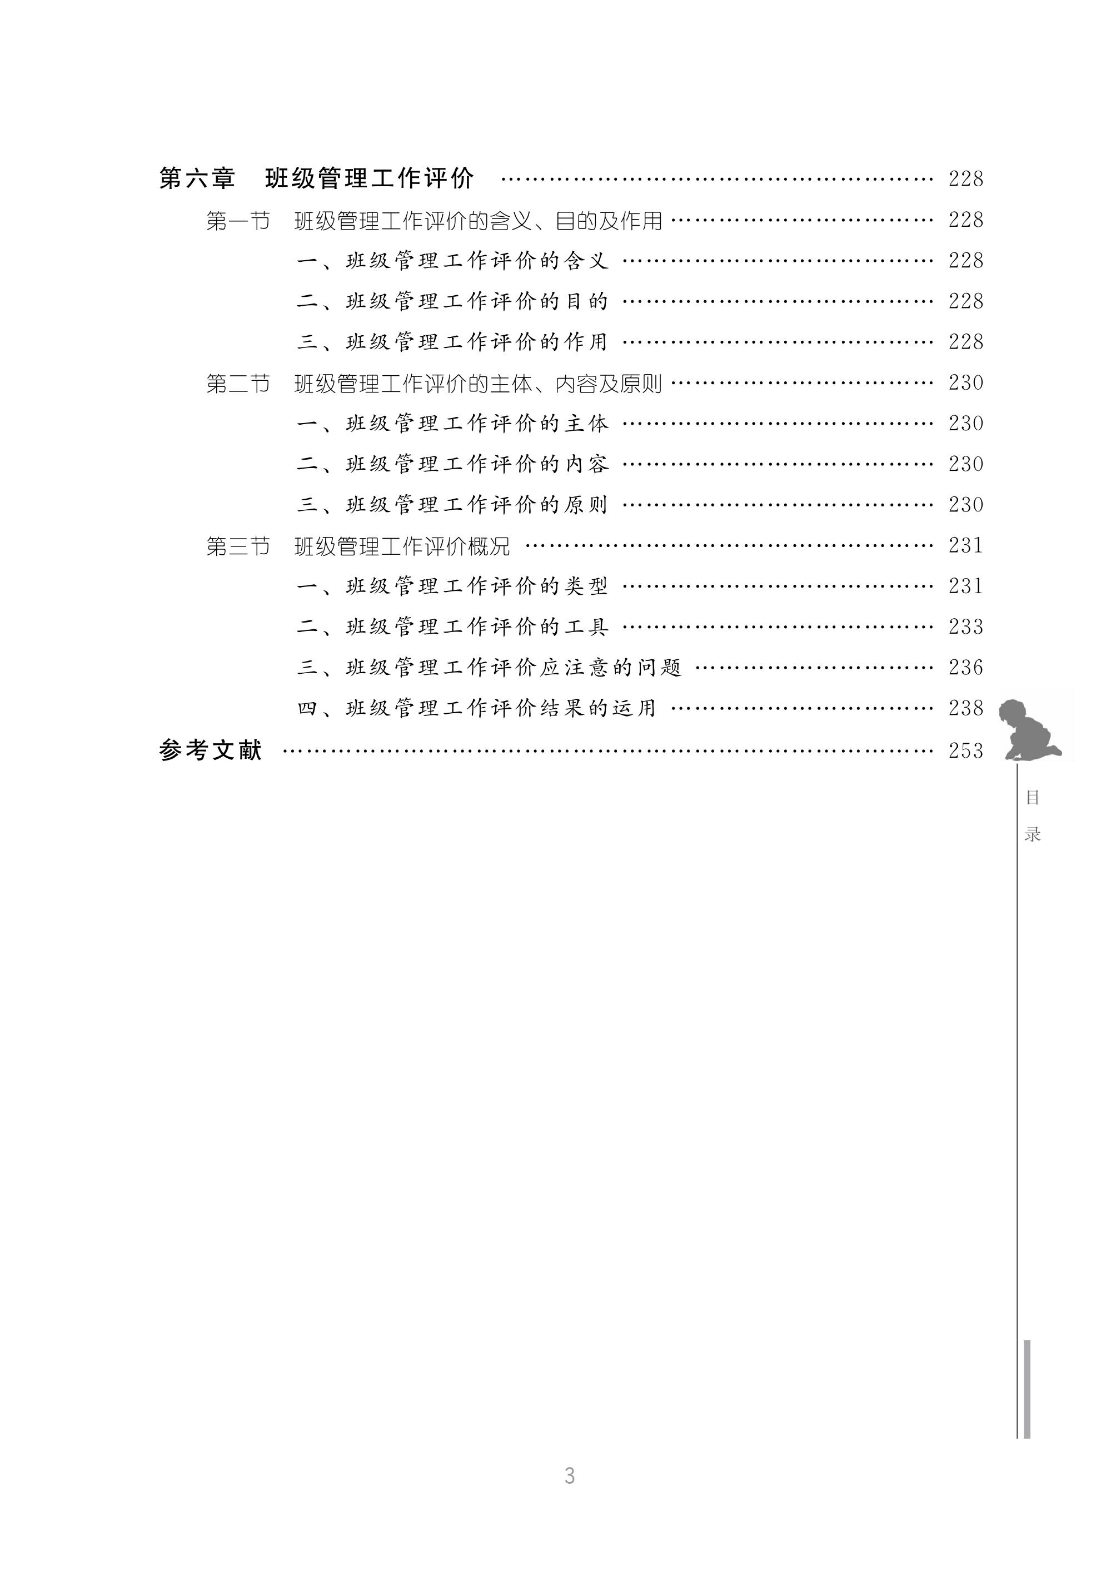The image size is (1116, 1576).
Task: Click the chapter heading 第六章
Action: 197,178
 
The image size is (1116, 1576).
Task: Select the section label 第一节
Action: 238,221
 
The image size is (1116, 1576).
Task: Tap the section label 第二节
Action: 238,384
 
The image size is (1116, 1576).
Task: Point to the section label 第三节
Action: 238,546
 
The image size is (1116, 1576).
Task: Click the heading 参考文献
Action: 210,750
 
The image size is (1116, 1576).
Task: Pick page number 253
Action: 965,751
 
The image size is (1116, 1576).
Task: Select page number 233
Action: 965,627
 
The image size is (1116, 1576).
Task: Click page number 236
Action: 965,668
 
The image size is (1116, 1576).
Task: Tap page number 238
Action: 965,708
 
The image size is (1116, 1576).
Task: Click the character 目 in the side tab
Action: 1032,797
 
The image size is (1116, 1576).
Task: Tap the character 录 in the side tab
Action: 1032,834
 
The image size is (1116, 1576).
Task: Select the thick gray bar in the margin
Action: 1027,1388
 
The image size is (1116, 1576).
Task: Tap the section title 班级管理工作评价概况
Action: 402,546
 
